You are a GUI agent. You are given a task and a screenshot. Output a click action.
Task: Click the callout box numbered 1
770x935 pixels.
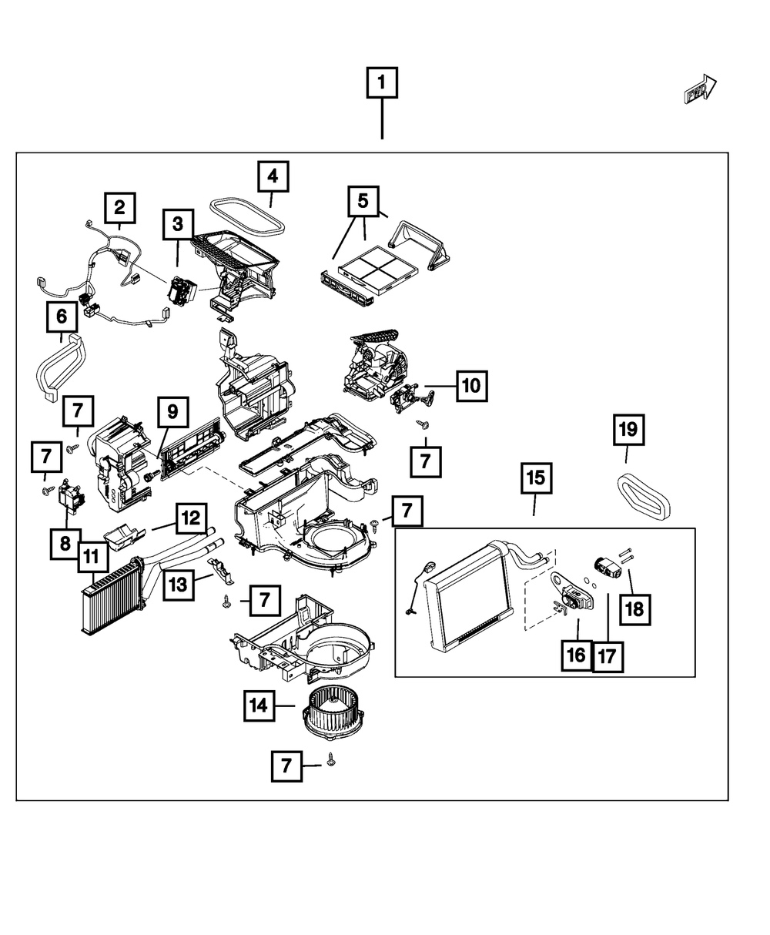click(382, 83)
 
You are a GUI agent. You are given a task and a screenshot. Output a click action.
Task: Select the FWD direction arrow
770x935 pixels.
click(700, 89)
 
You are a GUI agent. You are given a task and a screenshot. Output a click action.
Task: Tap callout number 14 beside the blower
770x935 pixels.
click(260, 705)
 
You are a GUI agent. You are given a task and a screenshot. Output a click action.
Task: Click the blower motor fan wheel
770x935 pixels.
click(332, 712)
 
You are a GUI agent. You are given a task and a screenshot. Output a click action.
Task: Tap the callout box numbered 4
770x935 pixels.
click(273, 177)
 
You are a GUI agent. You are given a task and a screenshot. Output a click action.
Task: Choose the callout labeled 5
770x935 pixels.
click(363, 202)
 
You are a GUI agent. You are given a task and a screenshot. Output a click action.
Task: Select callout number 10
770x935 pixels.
click(471, 384)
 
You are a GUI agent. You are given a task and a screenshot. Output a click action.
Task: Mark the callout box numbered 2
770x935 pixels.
click(119, 207)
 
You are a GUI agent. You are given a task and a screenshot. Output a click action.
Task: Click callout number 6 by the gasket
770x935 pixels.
click(62, 316)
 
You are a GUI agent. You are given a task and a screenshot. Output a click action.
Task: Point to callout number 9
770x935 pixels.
click(172, 412)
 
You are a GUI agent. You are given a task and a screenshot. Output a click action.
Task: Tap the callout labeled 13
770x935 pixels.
click(177, 584)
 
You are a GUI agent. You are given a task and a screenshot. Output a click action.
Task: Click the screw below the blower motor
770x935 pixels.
click(332, 760)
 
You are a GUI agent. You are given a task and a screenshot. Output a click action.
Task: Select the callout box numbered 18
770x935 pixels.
click(634, 608)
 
